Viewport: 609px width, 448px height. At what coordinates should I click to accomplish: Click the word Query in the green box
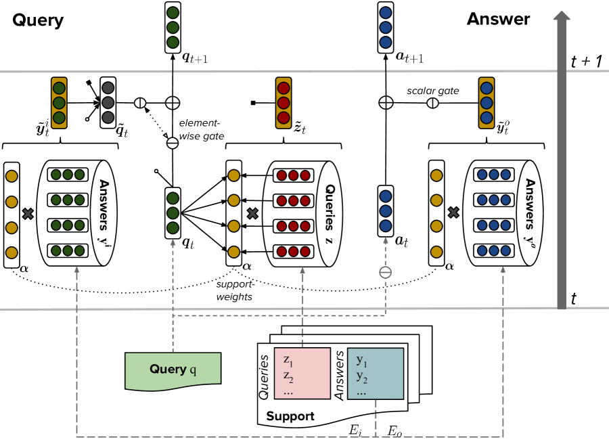point(168,369)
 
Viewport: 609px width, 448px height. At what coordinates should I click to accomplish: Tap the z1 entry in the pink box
point(288,361)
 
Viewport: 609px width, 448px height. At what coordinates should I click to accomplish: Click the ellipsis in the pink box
point(288,391)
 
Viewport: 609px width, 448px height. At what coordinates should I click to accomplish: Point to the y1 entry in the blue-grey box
point(361,360)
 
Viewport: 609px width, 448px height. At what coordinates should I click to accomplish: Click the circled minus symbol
point(385,273)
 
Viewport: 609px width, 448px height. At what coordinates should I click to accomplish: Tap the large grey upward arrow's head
point(561,16)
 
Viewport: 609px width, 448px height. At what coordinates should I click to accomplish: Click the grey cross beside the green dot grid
point(28,214)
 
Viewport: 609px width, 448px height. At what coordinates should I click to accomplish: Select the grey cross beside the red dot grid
point(252,213)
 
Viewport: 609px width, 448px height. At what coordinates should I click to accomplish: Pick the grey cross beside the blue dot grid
point(453,212)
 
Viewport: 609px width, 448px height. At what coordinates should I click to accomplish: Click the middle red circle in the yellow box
point(284,103)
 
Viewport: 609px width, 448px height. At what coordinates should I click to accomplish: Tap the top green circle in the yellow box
point(59,88)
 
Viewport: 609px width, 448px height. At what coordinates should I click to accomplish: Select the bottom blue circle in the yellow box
point(486,118)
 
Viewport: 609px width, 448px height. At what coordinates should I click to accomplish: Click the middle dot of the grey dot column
point(108,102)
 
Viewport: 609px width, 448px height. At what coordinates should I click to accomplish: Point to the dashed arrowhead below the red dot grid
point(302,270)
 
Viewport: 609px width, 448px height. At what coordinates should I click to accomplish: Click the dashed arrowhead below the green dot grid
point(76,270)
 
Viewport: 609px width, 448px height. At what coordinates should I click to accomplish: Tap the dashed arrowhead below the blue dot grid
point(503,270)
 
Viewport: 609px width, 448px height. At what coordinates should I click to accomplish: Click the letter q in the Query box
point(193,370)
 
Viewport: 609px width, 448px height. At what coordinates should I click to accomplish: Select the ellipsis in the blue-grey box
point(361,392)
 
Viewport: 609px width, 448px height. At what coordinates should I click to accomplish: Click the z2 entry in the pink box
point(288,376)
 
